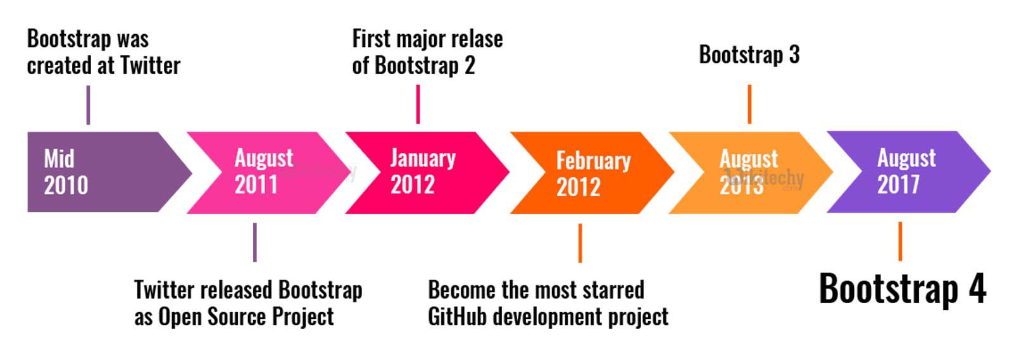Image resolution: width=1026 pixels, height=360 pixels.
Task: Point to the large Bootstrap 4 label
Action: point(902,289)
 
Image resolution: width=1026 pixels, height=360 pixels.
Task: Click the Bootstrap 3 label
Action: point(749,55)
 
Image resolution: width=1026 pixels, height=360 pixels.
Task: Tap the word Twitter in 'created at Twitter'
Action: point(150,65)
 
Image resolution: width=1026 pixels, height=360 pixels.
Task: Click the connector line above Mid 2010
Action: point(88,105)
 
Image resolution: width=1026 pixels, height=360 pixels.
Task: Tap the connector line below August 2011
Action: point(254,242)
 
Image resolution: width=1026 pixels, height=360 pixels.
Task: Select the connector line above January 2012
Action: point(418,104)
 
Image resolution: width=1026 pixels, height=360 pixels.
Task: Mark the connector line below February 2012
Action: point(580,243)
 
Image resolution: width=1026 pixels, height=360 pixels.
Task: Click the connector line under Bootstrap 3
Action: point(749,104)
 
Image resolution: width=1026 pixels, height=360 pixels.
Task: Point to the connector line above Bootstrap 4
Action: point(900,241)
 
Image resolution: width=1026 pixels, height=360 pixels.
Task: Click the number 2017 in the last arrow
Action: point(898,185)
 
